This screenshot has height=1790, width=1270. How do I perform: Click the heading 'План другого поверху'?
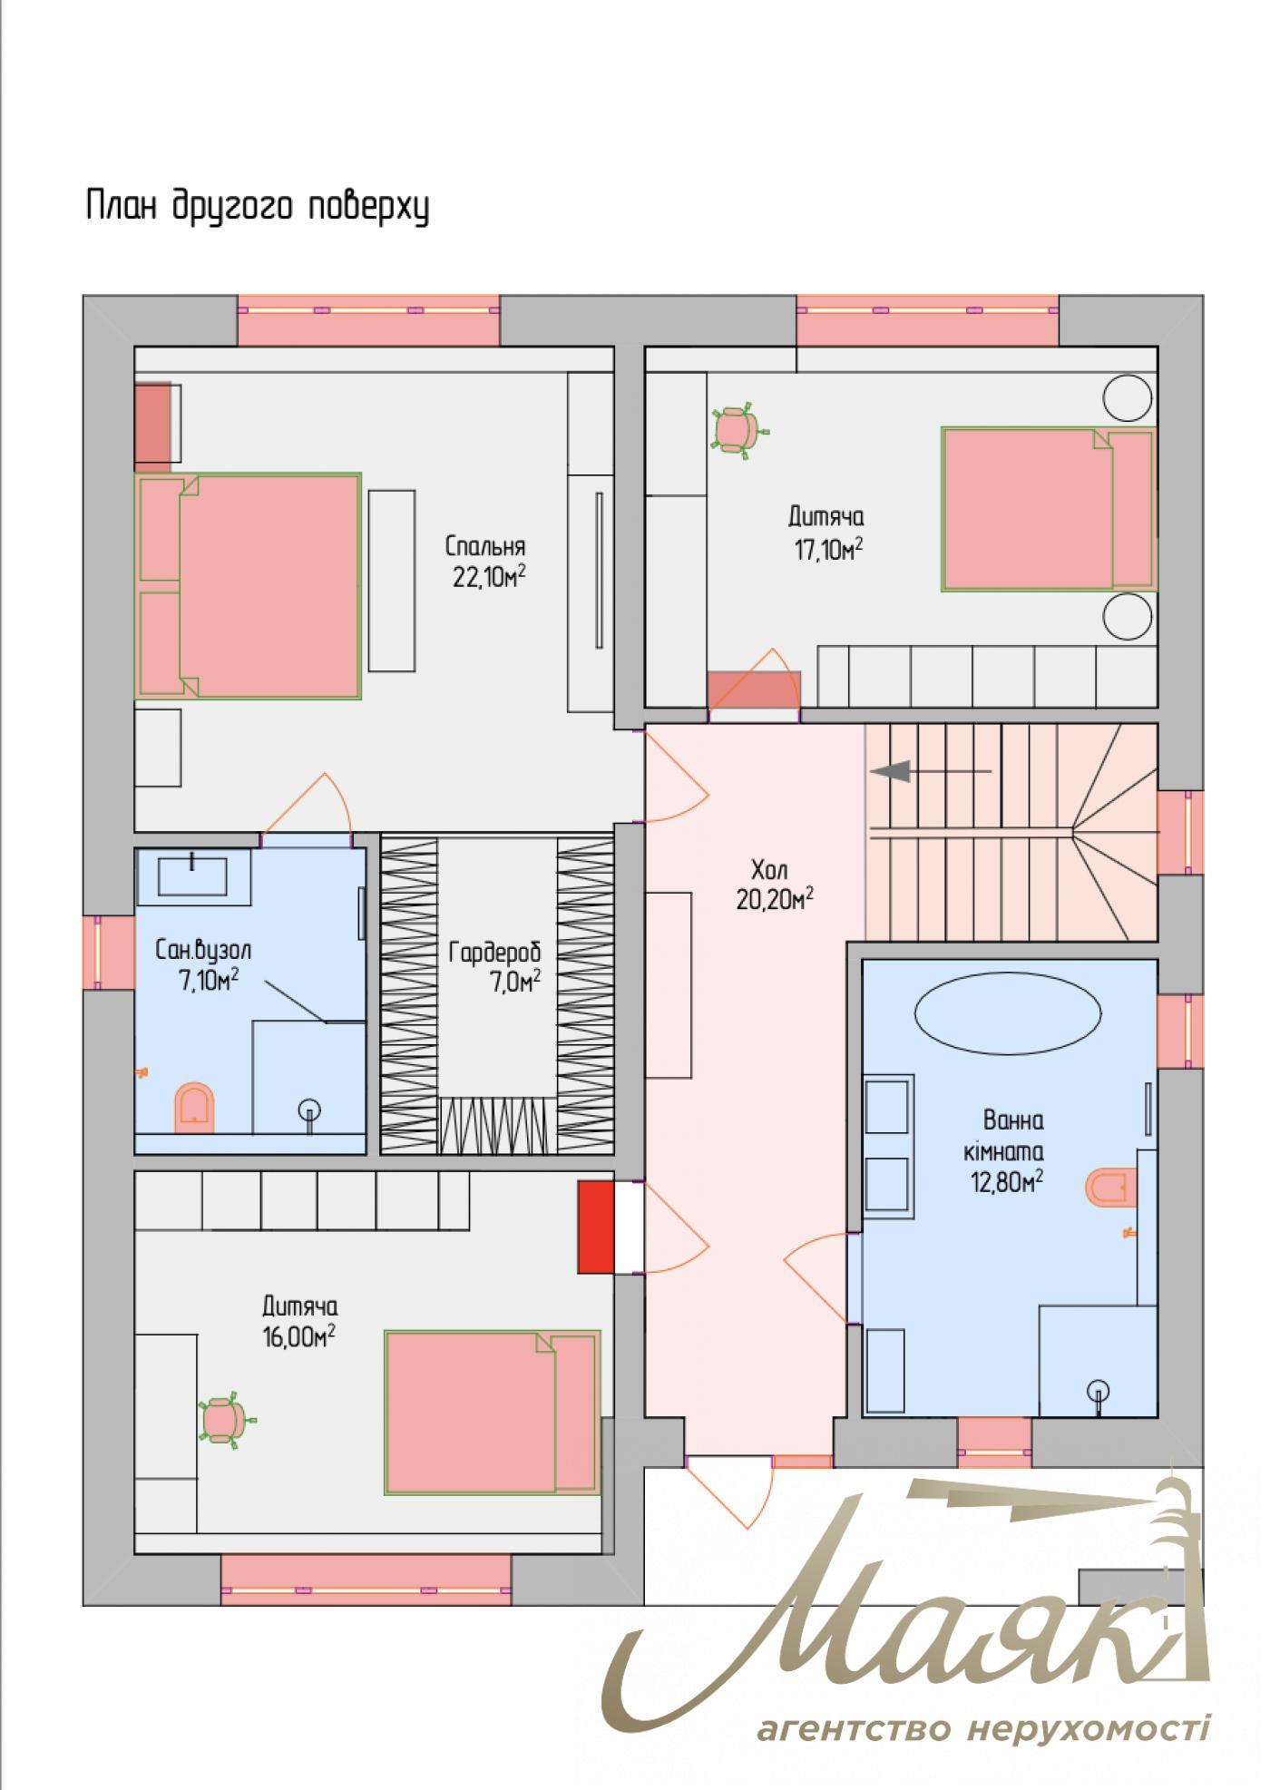[257, 208]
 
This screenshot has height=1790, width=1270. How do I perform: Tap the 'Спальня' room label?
[485, 547]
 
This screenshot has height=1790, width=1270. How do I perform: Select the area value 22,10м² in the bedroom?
[489, 578]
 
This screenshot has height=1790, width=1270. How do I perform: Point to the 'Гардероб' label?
[494, 953]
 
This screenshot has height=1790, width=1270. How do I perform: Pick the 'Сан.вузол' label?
[203, 951]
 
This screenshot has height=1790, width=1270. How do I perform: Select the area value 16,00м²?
[299, 1337]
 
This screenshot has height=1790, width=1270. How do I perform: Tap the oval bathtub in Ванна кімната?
[1008, 1012]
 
